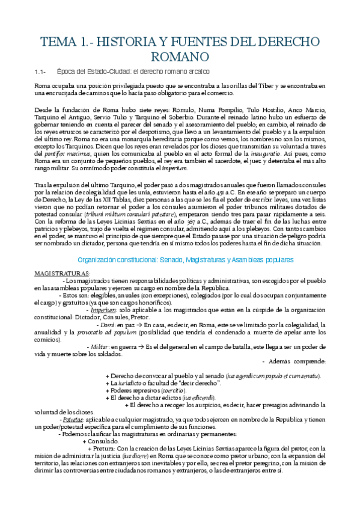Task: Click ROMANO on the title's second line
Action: coord(180,56)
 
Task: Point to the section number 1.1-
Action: coord(41,72)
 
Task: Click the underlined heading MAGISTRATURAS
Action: coord(62,272)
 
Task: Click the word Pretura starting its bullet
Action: coord(103,447)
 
